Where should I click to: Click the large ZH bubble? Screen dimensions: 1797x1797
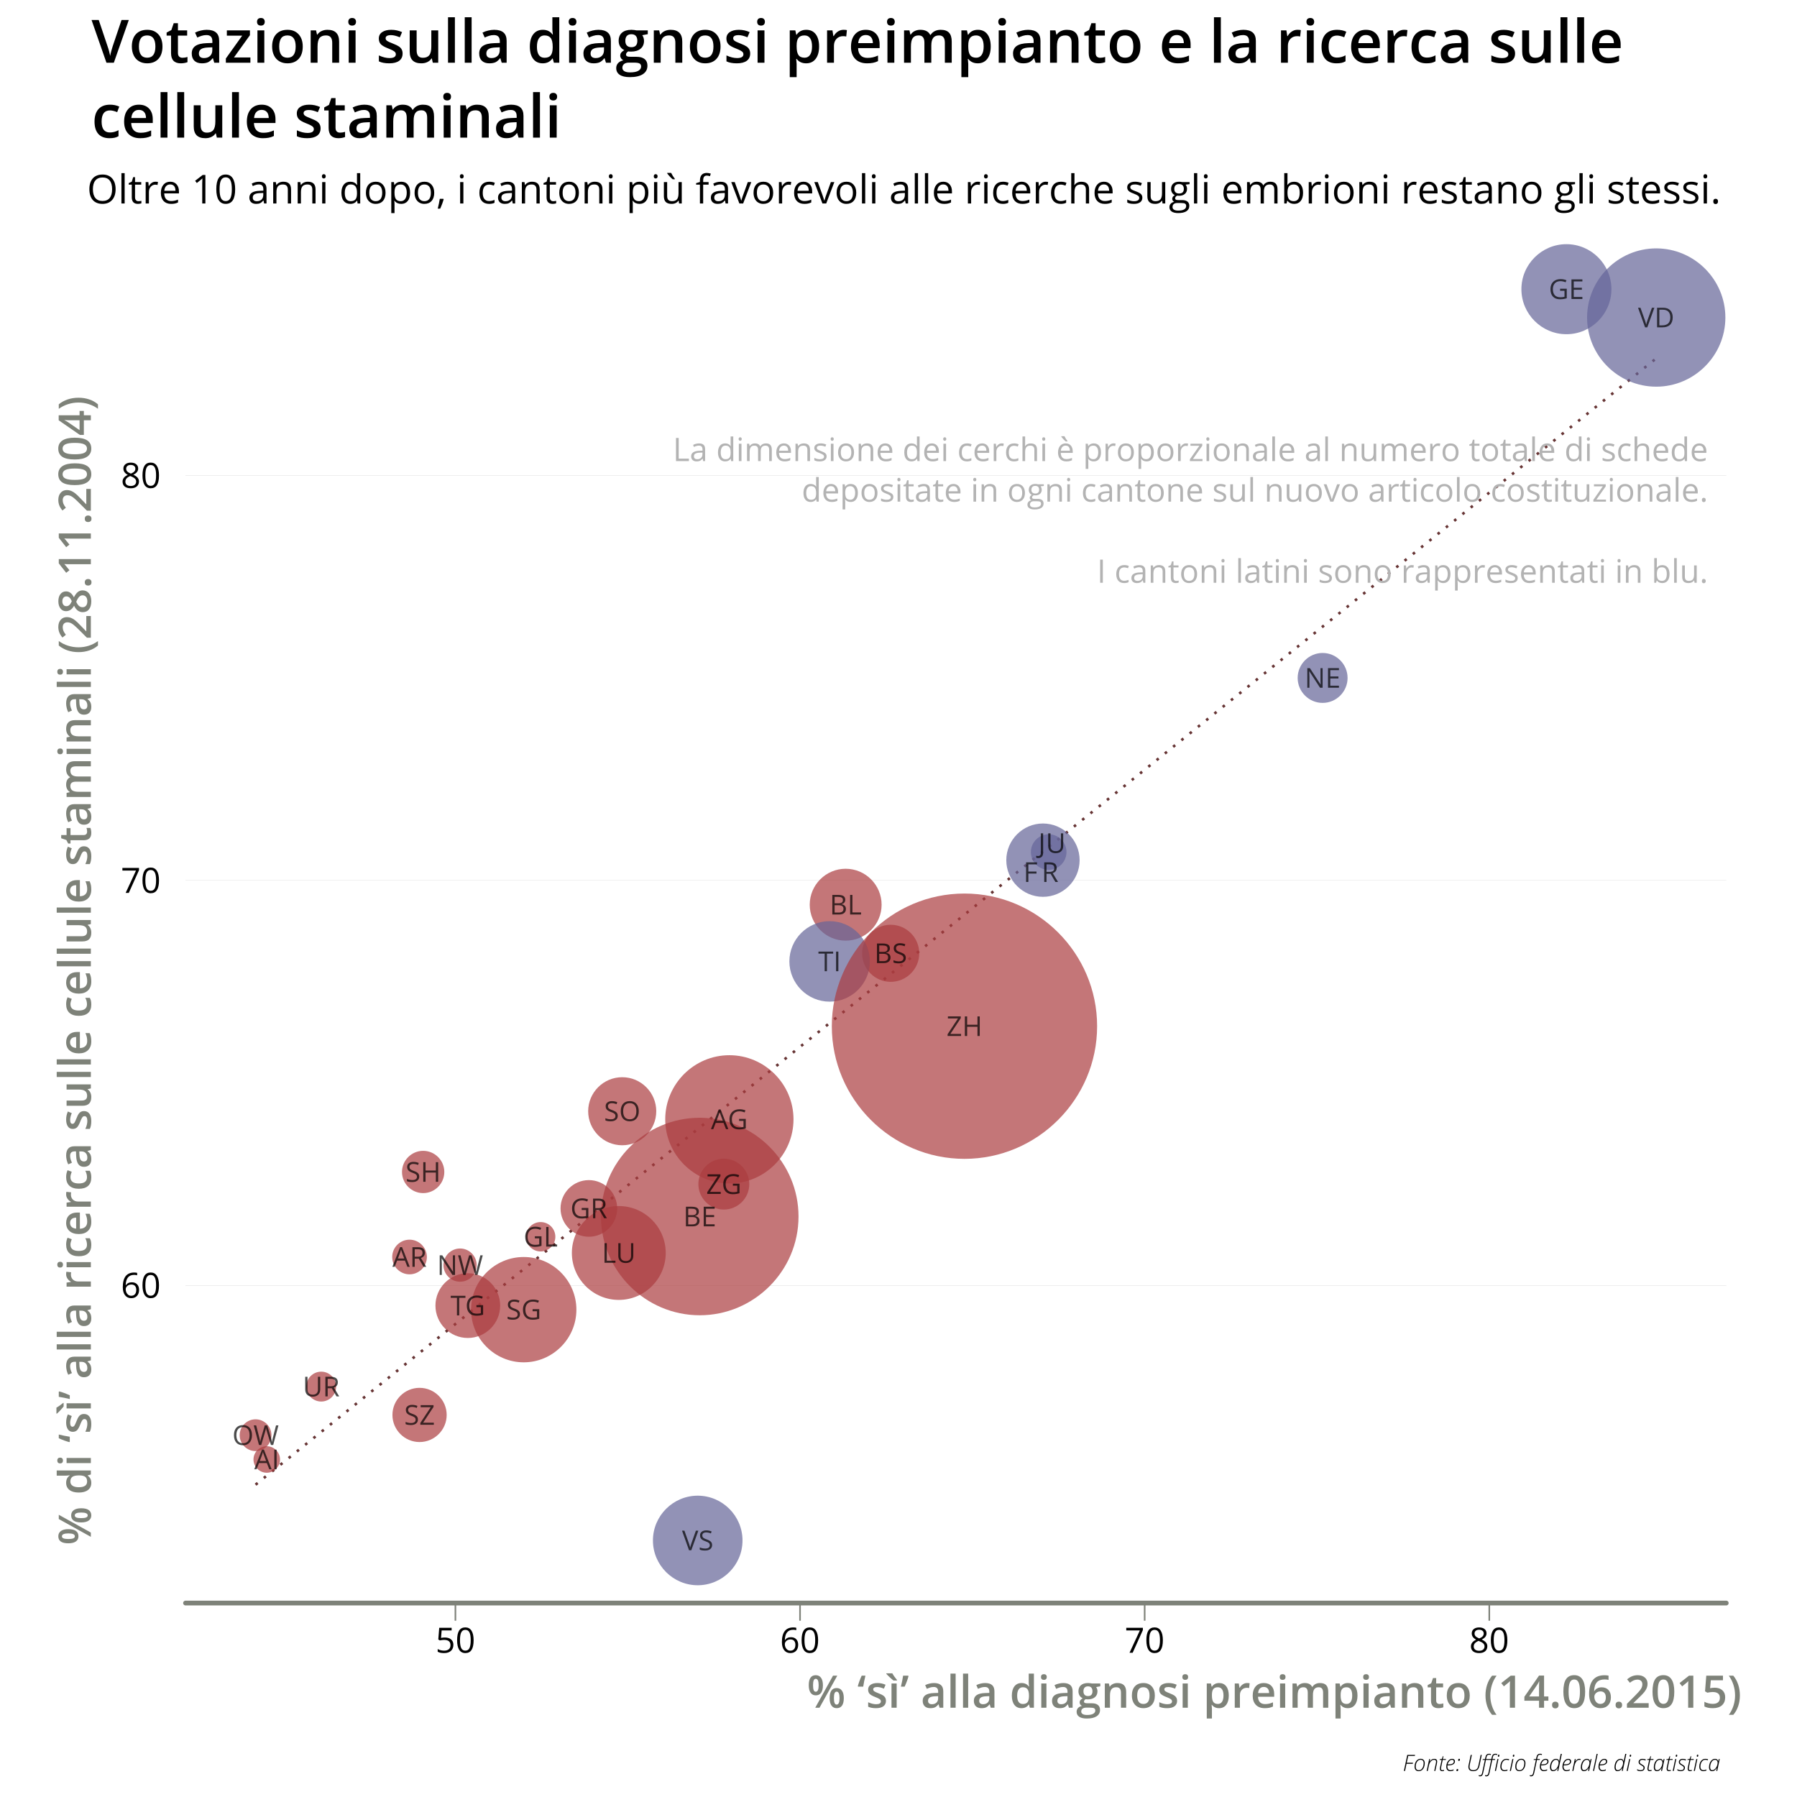[x=964, y=1026]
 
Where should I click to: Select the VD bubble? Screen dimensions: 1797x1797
[x=1655, y=317]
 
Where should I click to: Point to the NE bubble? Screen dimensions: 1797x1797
[x=1322, y=678]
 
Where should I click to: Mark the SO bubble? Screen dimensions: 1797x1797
[x=621, y=1111]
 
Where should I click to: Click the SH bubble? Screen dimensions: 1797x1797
[x=423, y=1172]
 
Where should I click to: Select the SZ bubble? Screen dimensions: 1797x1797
[x=418, y=1415]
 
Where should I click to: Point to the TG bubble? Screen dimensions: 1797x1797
[x=467, y=1306]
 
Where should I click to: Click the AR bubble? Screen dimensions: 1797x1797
[x=409, y=1256]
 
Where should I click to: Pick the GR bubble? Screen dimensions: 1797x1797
[x=588, y=1208]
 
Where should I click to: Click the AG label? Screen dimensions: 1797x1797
[x=728, y=1119]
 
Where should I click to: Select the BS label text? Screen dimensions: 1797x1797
[x=890, y=953]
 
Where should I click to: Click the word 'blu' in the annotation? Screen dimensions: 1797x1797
[x=1679, y=571]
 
